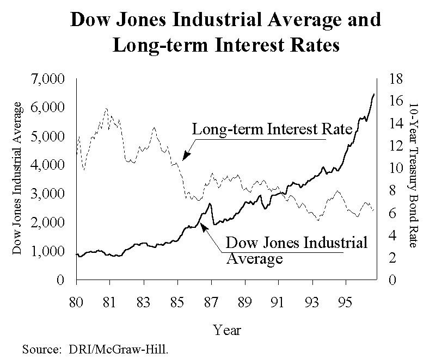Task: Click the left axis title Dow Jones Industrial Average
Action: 18,178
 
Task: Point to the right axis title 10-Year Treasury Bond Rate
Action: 413,175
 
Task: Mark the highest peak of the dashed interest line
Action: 106,109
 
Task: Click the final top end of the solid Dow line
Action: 374,94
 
